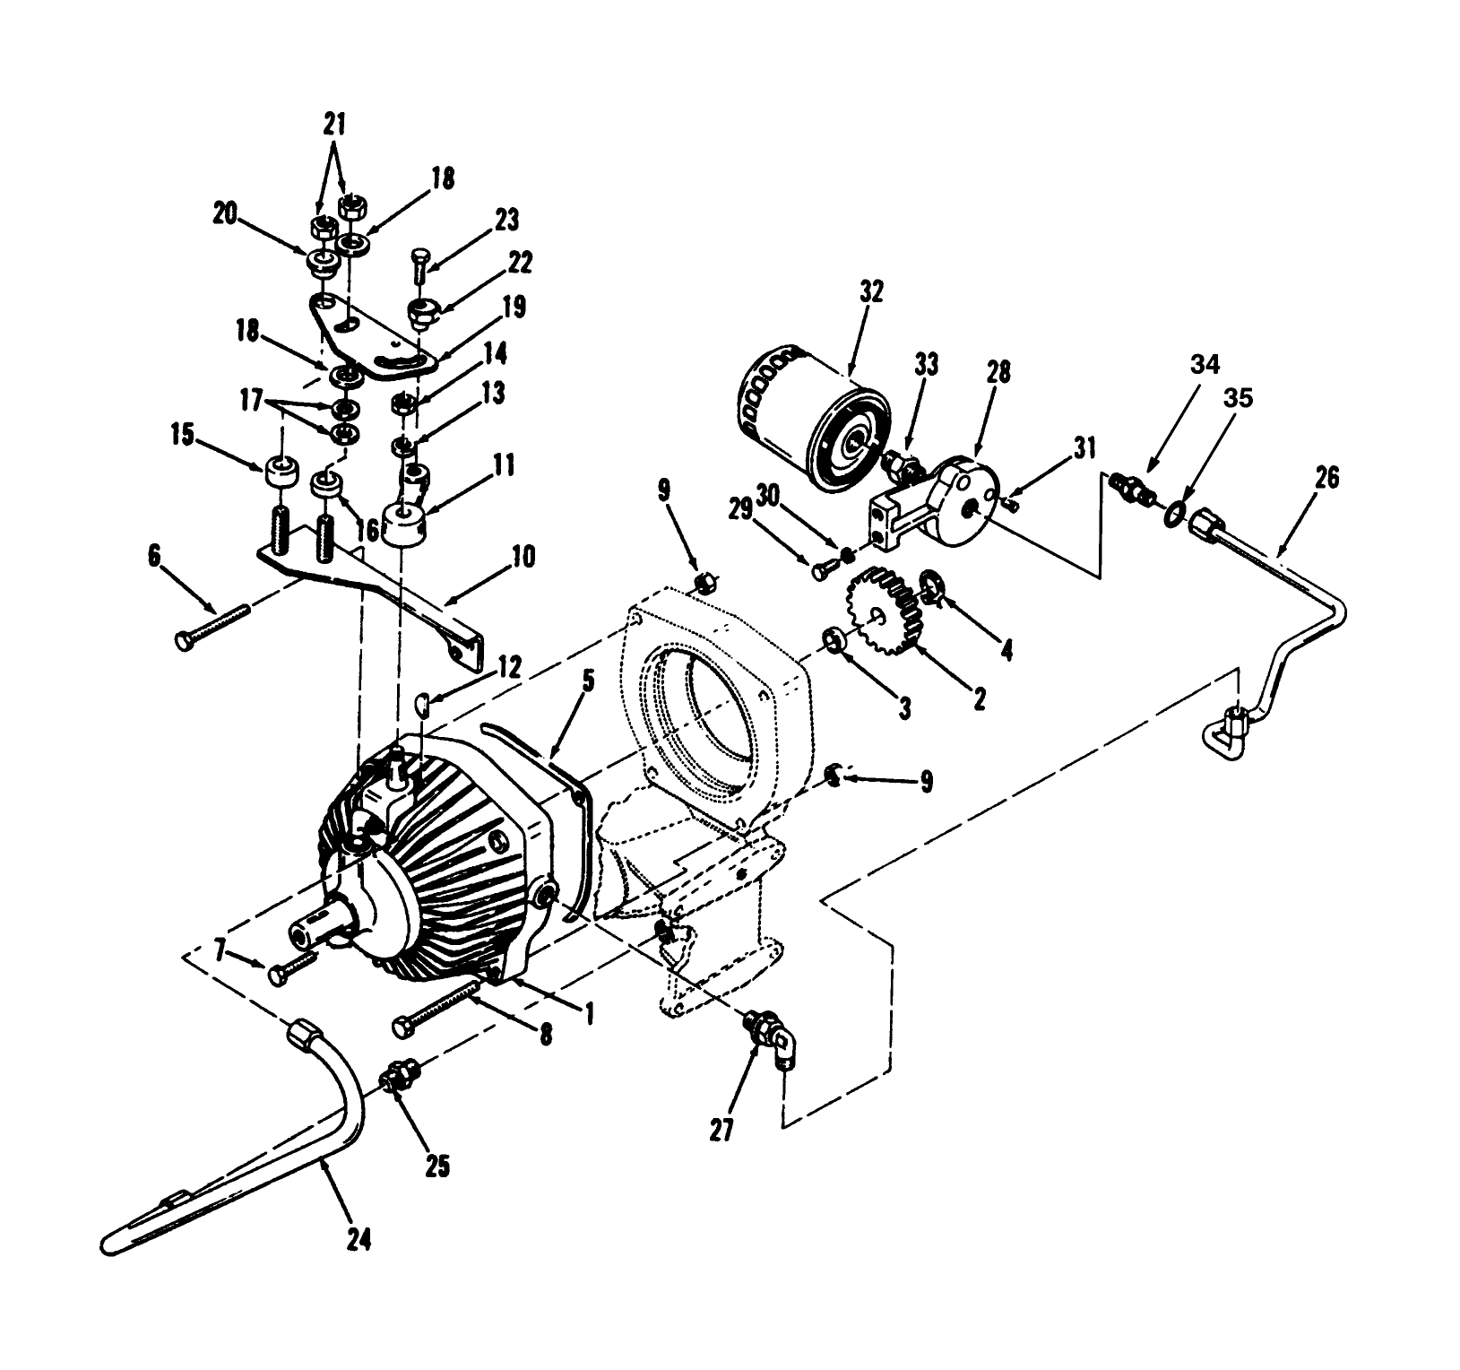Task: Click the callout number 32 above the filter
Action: tap(870, 291)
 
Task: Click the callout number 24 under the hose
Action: tap(358, 1240)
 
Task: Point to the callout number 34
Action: tap(1205, 366)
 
